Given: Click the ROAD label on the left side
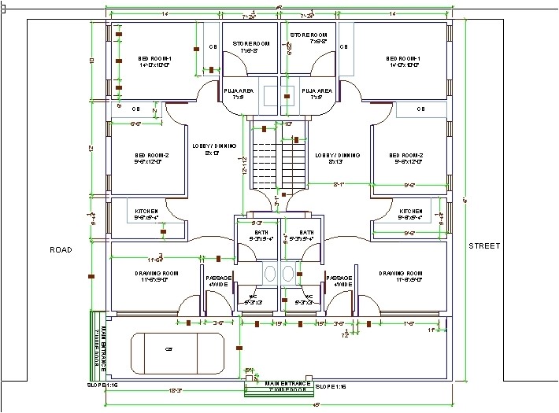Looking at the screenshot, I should (61, 249).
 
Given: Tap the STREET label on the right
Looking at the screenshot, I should (484, 246).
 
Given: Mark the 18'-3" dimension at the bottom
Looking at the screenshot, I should (177, 391).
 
